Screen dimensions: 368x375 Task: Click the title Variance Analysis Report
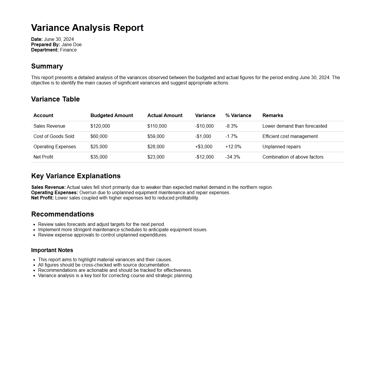pyautogui.click(x=87, y=28)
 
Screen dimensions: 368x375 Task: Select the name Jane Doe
pyautogui.click(x=72, y=45)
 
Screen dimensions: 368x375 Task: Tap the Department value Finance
pyautogui.click(x=68, y=50)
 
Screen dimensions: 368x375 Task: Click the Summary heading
pyautogui.click(x=47, y=66)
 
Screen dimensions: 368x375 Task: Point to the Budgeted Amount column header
pyautogui.click(x=112, y=116)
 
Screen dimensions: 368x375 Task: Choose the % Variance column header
pyautogui.click(x=238, y=116)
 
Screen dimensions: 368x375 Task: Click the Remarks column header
pyautogui.click(x=273, y=116)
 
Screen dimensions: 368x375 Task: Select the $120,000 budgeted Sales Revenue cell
pyautogui.click(x=100, y=126)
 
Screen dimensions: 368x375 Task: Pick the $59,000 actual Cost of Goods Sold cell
pyautogui.click(x=156, y=136)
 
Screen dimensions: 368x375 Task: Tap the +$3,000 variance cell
pyautogui.click(x=204, y=147)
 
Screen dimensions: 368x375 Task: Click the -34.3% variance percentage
pyautogui.click(x=233, y=157)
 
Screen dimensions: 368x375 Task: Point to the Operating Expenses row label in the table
pyautogui.click(x=55, y=147)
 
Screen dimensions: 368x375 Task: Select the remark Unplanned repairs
pyautogui.click(x=281, y=147)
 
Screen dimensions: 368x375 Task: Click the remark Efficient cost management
pyautogui.click(x=290, y=136)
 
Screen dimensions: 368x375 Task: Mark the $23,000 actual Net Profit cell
pyautogui.click(x=156, y=157)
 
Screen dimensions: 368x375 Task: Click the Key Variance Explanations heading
pyautogui.click(x=76, y=176)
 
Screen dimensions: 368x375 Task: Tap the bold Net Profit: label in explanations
pyautogui.click(x=43, y=198)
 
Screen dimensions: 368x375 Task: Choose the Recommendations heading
pyautogui.click(x=62, y=214)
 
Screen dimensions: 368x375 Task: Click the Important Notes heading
pyautogui.click(x=52, y=250)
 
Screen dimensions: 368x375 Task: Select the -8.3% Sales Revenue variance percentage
pyautogui.click(x=231, y=126)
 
